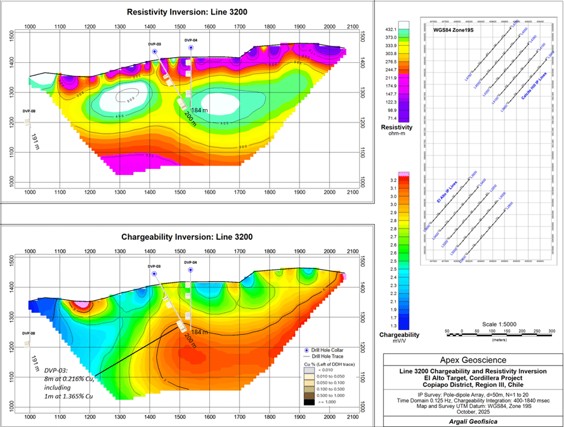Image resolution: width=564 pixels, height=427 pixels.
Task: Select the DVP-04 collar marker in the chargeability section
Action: [x=190, y=270]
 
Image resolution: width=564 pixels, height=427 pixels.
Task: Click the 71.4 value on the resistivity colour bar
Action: [x=391, y=119]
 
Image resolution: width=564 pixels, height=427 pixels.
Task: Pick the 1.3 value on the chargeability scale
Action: [x=393, y=325]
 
